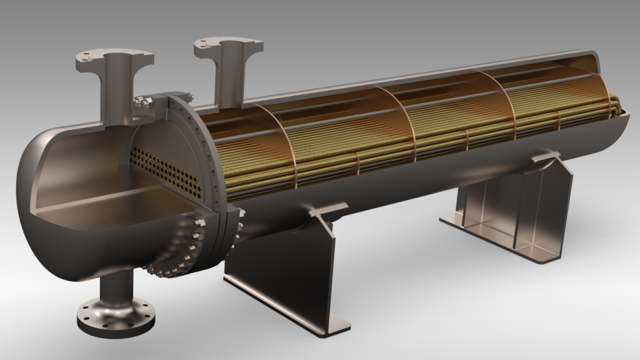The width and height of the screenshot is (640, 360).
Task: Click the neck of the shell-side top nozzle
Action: click(x=230, y=77)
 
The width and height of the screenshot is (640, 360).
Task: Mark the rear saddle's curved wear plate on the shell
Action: click(x=543, y=160)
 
